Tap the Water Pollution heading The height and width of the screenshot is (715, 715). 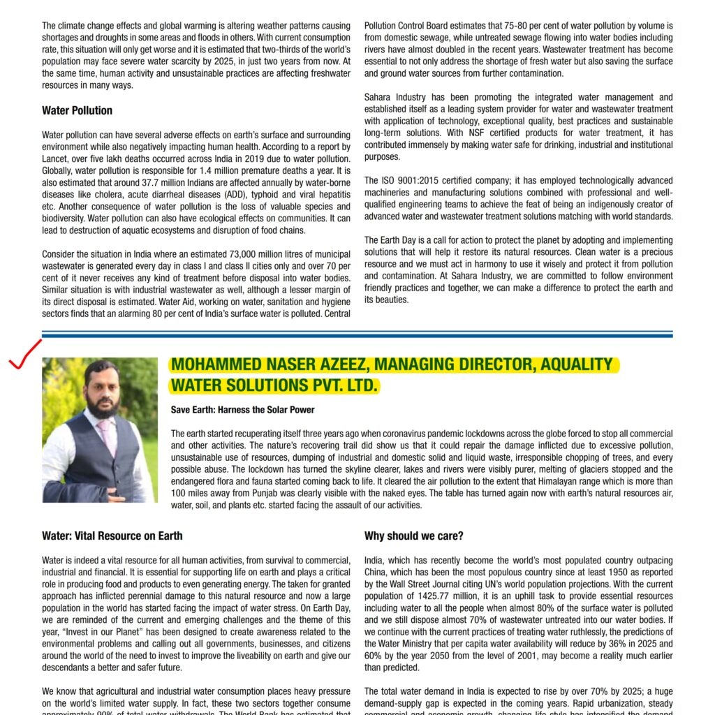point(77,110)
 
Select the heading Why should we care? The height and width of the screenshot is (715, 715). point(413,536)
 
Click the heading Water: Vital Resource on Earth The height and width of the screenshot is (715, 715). point(112,536)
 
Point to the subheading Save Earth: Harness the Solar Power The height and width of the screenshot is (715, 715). point(242,410)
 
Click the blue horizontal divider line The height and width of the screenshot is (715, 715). point(357,334)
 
